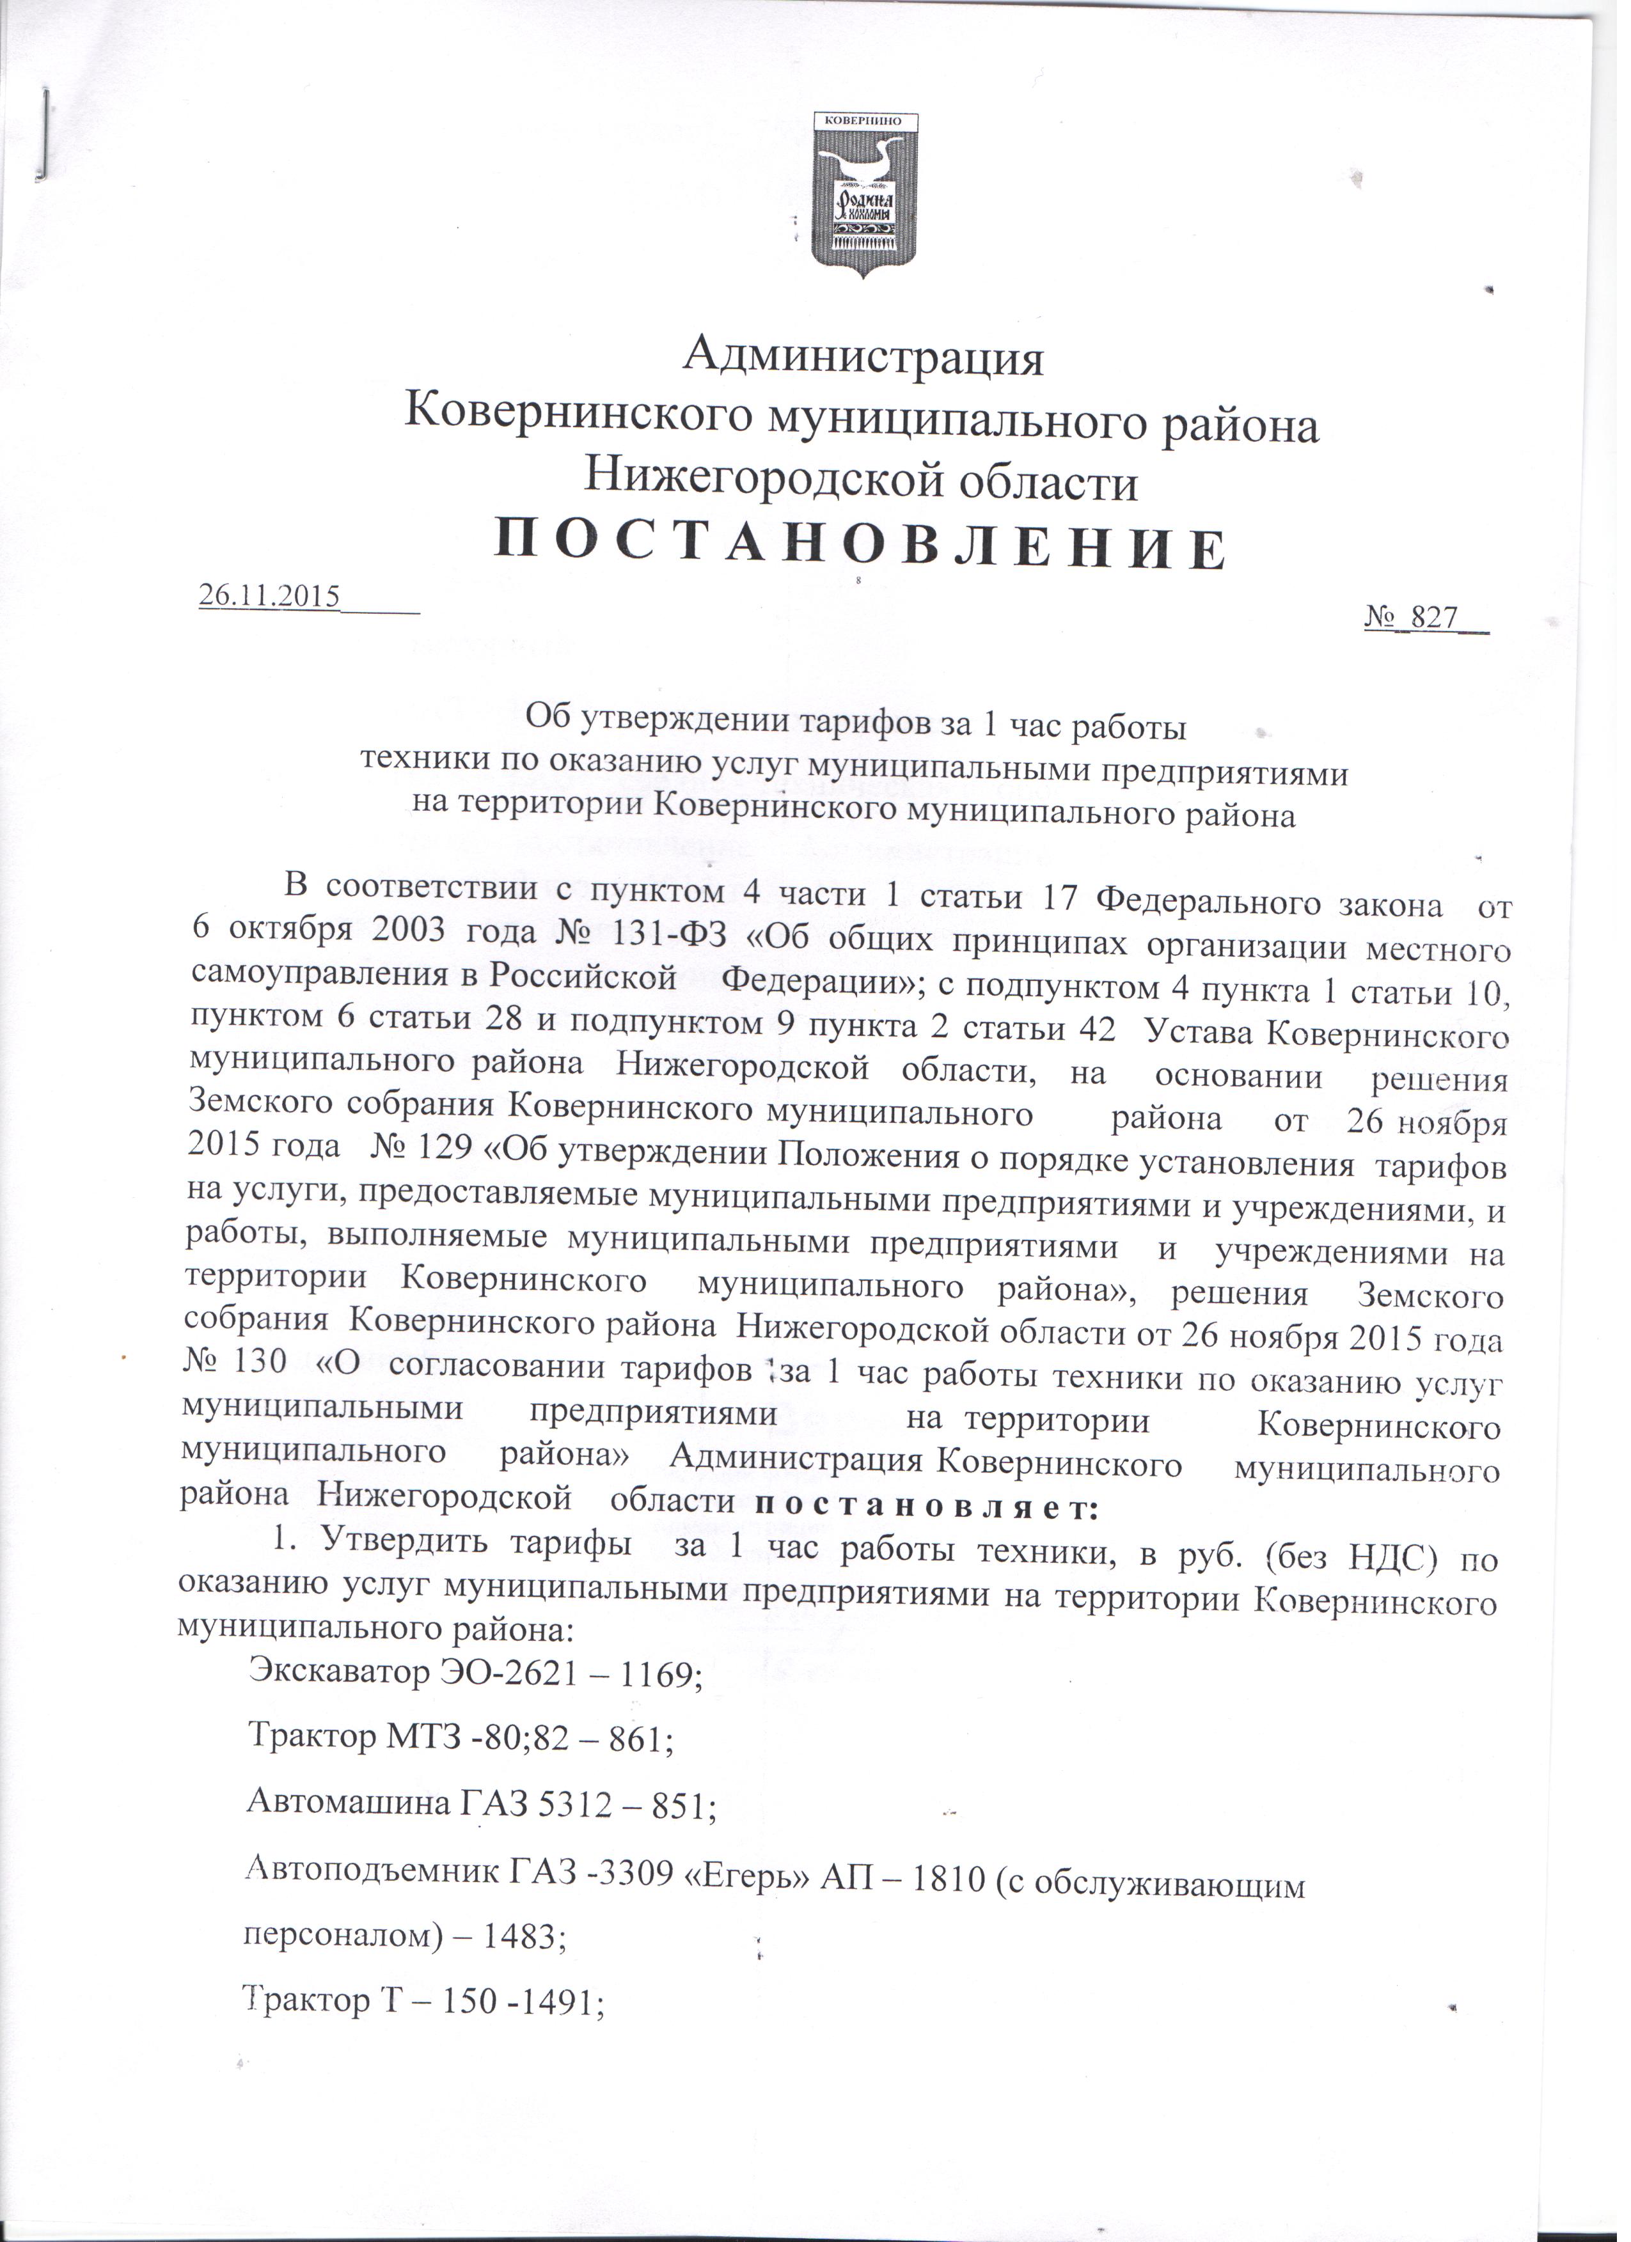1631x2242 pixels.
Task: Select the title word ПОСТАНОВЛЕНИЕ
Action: pyautogui.click(x=860, y=547)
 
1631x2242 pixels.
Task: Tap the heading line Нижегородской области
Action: pyautogui.click(x=860, y=482)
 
